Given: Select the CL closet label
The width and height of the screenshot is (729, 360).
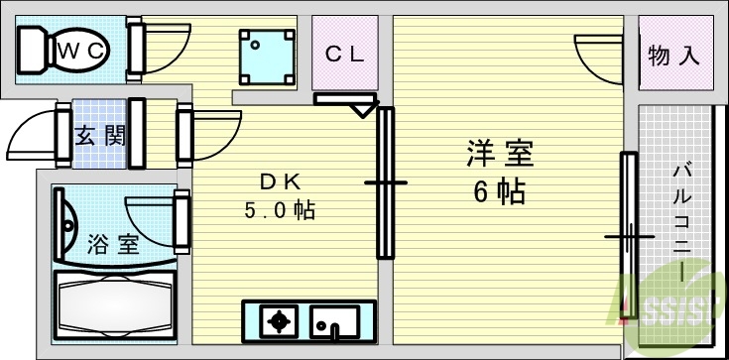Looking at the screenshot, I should coord(346,55).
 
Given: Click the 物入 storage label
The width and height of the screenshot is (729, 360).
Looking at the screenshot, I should coord(674,56).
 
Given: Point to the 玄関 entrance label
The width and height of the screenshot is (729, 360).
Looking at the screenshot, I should coord(100,135).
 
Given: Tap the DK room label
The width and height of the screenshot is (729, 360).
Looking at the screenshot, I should coord(280,181).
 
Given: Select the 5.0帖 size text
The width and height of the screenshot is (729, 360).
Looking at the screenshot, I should coord(280,210).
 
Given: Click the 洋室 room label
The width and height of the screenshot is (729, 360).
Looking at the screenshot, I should coord(500,155).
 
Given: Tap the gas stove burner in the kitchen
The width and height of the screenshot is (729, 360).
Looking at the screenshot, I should coord(280,321).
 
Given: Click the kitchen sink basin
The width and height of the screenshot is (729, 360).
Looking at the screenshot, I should coord(333,321).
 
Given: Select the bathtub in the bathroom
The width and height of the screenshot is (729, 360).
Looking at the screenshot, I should coord(113,301).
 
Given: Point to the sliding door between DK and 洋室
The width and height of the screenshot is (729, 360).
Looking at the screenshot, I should coord(385,183).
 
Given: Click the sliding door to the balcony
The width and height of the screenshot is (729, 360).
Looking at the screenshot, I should coord(629,236).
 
